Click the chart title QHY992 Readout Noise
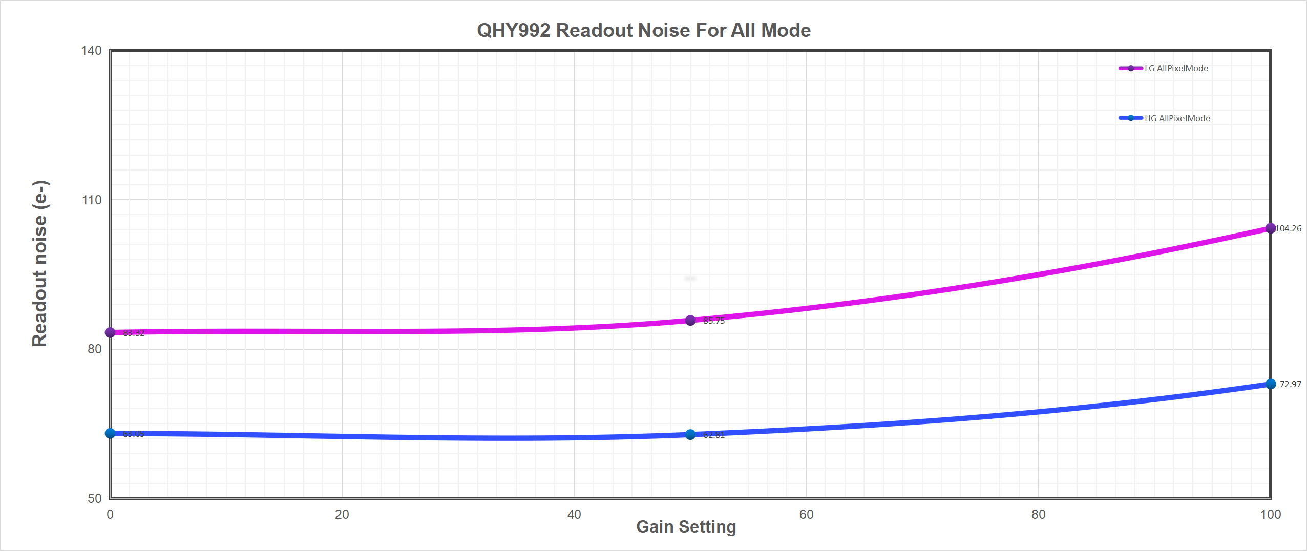coord(644,30)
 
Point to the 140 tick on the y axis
coord(92,50)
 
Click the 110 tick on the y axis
coord(92,200)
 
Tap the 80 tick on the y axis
coord(95,349)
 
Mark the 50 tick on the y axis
coord(95,498)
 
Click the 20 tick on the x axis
coord(342,514)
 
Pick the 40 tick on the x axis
coord(574,514)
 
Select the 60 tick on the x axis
coord(806,514)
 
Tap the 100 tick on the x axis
coord(1270,514)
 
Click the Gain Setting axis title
coord(686,526)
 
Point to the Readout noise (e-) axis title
coord(39,263)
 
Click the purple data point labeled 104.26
coord(1271,228)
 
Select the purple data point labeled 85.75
coord(690,321)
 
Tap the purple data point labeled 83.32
coord(110,332)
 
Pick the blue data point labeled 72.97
coord(1271,384)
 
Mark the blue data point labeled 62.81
coord(690,435)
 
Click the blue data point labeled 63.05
coord(110,433)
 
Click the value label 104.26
coord(1288,228)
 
